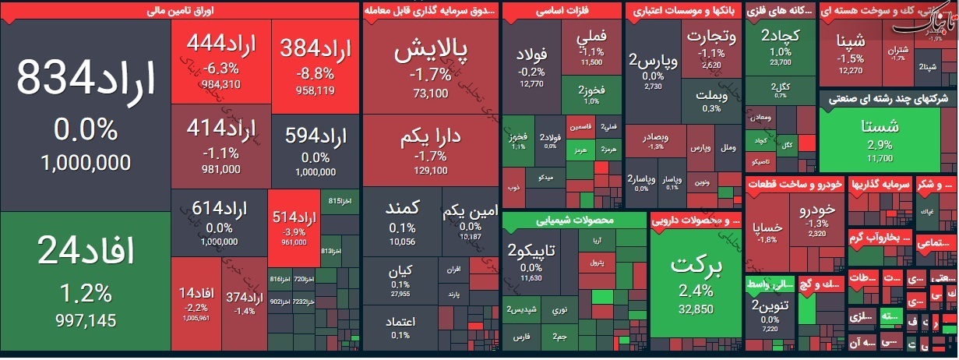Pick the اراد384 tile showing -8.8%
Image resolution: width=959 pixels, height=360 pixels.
(x=315, y=62)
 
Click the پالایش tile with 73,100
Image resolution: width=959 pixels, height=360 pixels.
(x=431, y=66)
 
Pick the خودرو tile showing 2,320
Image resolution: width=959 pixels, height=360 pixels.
(x=816, y=217)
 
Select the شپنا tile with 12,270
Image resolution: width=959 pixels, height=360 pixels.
(x=849, y=51)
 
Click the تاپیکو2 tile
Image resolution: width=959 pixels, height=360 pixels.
(x=531, y=260)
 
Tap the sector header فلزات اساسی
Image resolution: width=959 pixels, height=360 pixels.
(x=562, y=11)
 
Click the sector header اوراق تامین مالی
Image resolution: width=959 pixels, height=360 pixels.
(x=180, y=11)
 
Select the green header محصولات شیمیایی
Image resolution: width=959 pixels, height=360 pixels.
(x=574, y=220)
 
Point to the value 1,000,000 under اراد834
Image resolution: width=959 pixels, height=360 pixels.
(x=85, y=163)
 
